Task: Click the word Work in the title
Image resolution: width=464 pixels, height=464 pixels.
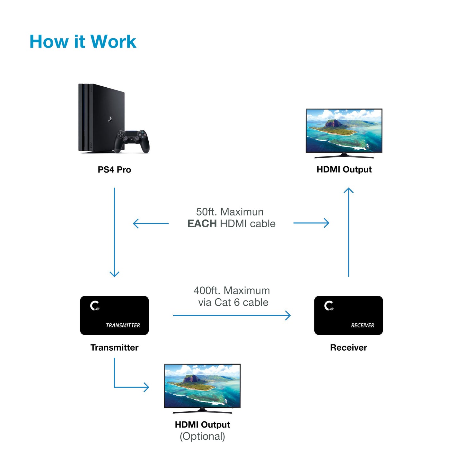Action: click(113, 42)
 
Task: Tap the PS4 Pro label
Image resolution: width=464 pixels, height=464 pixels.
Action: click(114, 170)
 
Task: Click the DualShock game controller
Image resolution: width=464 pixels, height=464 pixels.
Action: click(132, 140)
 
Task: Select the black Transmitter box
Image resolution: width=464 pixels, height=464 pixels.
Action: click(114, 315)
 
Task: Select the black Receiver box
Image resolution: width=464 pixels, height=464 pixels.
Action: click(348, 315)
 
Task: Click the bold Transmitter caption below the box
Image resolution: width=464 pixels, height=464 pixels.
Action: click(114, 347)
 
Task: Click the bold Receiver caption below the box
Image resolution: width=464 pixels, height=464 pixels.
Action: click(348, 347)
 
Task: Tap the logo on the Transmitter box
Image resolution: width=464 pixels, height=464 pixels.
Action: click(95, 306)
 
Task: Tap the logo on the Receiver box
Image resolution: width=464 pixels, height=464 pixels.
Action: click(329, 306)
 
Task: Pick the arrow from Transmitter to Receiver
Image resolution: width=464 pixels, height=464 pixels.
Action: click(231, 315)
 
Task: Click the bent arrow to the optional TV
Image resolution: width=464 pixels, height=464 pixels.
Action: click(128, 387)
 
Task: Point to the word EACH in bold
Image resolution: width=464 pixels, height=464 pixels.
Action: click(202, 223)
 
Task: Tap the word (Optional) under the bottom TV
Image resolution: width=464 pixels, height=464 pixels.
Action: click(202, 436)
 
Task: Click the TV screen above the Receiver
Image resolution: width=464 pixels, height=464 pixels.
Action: click(344, 130)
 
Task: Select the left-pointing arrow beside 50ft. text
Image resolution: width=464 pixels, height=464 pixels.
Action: click(151, 223)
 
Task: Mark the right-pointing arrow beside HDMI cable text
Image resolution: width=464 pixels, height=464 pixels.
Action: click(311, 223)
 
